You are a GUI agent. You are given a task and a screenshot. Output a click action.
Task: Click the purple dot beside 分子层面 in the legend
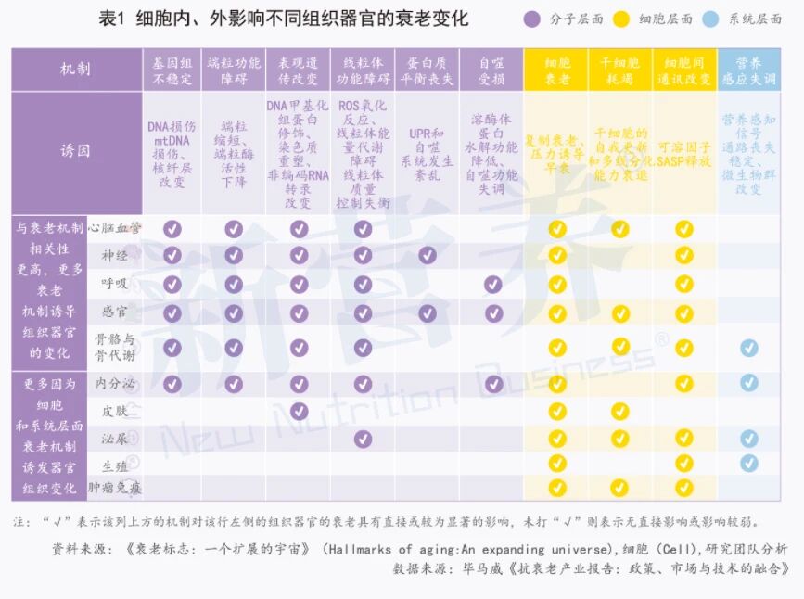(x=532, y=19)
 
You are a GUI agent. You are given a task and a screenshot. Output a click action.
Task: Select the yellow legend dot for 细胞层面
(x=622, y=19)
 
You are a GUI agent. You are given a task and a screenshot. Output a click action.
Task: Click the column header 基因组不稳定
(x=172, y=70)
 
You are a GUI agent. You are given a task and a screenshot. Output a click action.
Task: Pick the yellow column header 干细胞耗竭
(x=620, y=70)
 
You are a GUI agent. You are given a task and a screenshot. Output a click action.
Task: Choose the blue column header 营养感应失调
(x=749, y=70)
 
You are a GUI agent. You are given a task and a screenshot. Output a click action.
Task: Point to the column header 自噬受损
(x=491, y=70)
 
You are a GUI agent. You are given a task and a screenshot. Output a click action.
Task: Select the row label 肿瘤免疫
(x=115, y=488)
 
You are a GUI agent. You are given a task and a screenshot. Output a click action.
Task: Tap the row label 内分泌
(x=115, y=383)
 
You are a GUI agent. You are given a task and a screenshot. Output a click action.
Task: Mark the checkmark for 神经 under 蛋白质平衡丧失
(x=427, y=255)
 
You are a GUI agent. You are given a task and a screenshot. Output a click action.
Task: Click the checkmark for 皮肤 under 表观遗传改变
(x=299, y=410)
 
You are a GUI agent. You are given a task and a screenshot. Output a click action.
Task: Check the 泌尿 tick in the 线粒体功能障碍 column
(x=363, y=438)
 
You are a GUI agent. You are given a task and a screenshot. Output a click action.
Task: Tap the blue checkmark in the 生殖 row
(x=749, y=463)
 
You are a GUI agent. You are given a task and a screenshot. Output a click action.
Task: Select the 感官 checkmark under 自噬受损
(x=491, y=313)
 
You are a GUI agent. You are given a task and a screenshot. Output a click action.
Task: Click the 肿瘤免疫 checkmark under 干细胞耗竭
(x=620, y=488)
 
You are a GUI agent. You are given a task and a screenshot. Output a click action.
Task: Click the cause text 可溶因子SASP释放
(x=684, y=154)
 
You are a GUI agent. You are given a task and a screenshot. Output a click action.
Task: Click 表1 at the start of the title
(x=112, y=19)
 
